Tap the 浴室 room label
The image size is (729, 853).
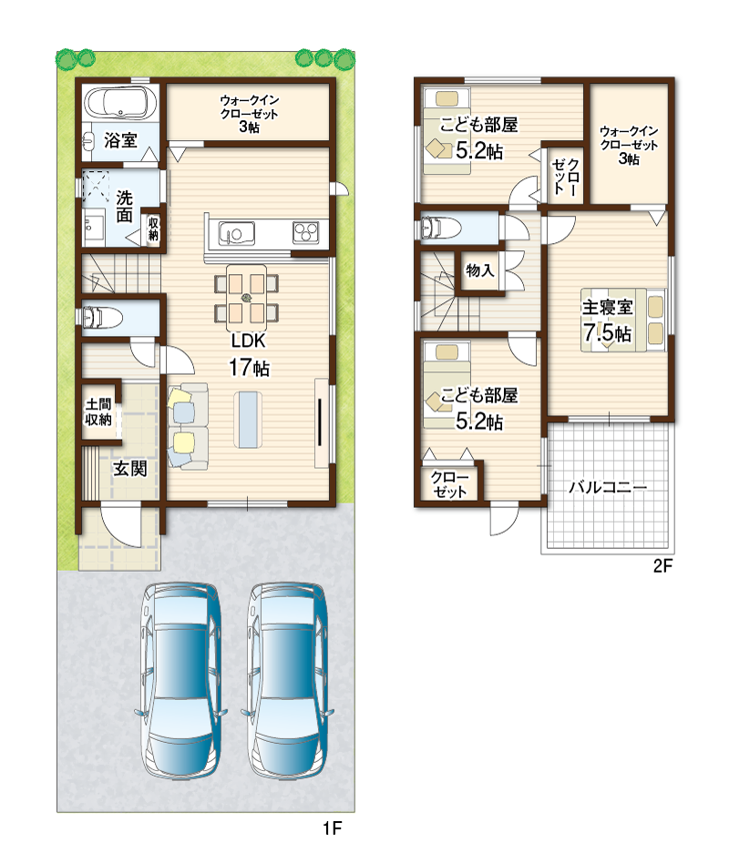click(x=120, y=140)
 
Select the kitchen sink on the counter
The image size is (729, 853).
click(x=237, y=234)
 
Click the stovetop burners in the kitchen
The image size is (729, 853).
click(x=305, y=233)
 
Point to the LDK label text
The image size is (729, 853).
click(x=248, y=340)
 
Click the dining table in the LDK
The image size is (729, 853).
click(x=246, y=298)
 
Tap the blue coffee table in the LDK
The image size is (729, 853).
click(x=248, y=420)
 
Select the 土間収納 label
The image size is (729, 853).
click(x=98, y=411)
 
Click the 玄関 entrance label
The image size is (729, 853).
click(x=130, y=469)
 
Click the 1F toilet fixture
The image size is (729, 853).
click(x=103, y=318)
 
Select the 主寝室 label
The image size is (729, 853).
click(x=608, y=308)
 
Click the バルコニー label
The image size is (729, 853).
click(x=608, y=486)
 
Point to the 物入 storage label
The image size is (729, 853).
click(x=479, y=269)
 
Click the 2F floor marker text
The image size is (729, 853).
click(x=662, y=565)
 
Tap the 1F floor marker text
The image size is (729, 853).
click(x=332, y=828)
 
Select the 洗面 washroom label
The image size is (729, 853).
click(x=124, y=206)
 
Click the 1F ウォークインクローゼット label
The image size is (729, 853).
click(x=250, y=114)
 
